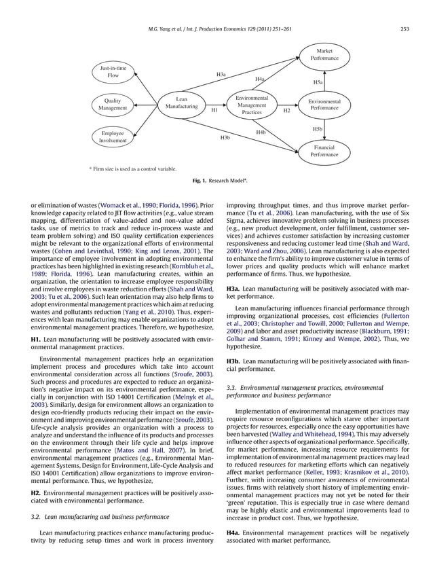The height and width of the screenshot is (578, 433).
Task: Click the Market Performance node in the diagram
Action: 324,54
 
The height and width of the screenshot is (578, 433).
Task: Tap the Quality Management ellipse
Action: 113,105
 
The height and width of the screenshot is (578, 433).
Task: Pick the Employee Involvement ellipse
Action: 113,138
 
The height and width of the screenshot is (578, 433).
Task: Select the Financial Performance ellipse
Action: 324,151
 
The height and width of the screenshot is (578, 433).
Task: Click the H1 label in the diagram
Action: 214,110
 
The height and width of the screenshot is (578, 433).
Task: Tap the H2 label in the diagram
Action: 286,110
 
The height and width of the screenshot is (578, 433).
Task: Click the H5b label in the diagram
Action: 317,128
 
